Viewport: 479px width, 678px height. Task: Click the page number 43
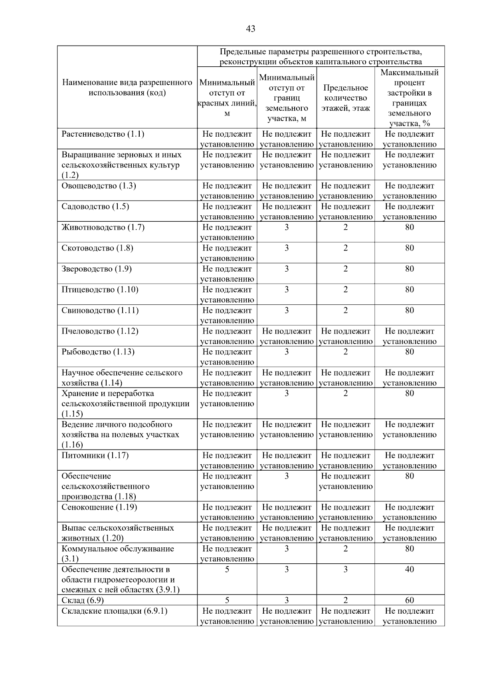coord(251,29)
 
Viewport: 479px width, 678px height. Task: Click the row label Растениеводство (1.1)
coord(103,134)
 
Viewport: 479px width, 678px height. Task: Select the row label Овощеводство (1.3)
coord(99,186)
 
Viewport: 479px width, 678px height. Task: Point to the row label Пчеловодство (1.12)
coord(100,331)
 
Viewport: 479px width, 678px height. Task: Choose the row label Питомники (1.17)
coord(95,455)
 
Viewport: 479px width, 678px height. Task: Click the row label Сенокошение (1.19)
coord(99,507)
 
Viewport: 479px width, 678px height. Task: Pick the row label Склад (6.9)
coord(83,600)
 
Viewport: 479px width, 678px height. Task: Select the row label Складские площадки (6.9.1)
coord(114,611)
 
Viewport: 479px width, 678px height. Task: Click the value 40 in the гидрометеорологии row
coord(410,569)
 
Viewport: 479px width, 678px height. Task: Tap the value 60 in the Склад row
coord(410,600)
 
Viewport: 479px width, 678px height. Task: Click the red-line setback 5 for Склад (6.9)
coord(227,600)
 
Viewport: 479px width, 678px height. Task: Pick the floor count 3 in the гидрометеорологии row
coord(346,569)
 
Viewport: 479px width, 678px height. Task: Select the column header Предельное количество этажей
coord(346,98)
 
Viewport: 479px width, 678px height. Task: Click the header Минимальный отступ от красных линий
coord(227,98)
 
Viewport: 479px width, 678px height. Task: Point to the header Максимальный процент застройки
coord(410,98)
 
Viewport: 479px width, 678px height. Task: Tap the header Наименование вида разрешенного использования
coord(127,88)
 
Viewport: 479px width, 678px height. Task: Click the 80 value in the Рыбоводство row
coord(410,352)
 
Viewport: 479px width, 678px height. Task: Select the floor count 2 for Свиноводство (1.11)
coord(346,310)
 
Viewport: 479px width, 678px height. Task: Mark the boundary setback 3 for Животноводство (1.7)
coord(287,227)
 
